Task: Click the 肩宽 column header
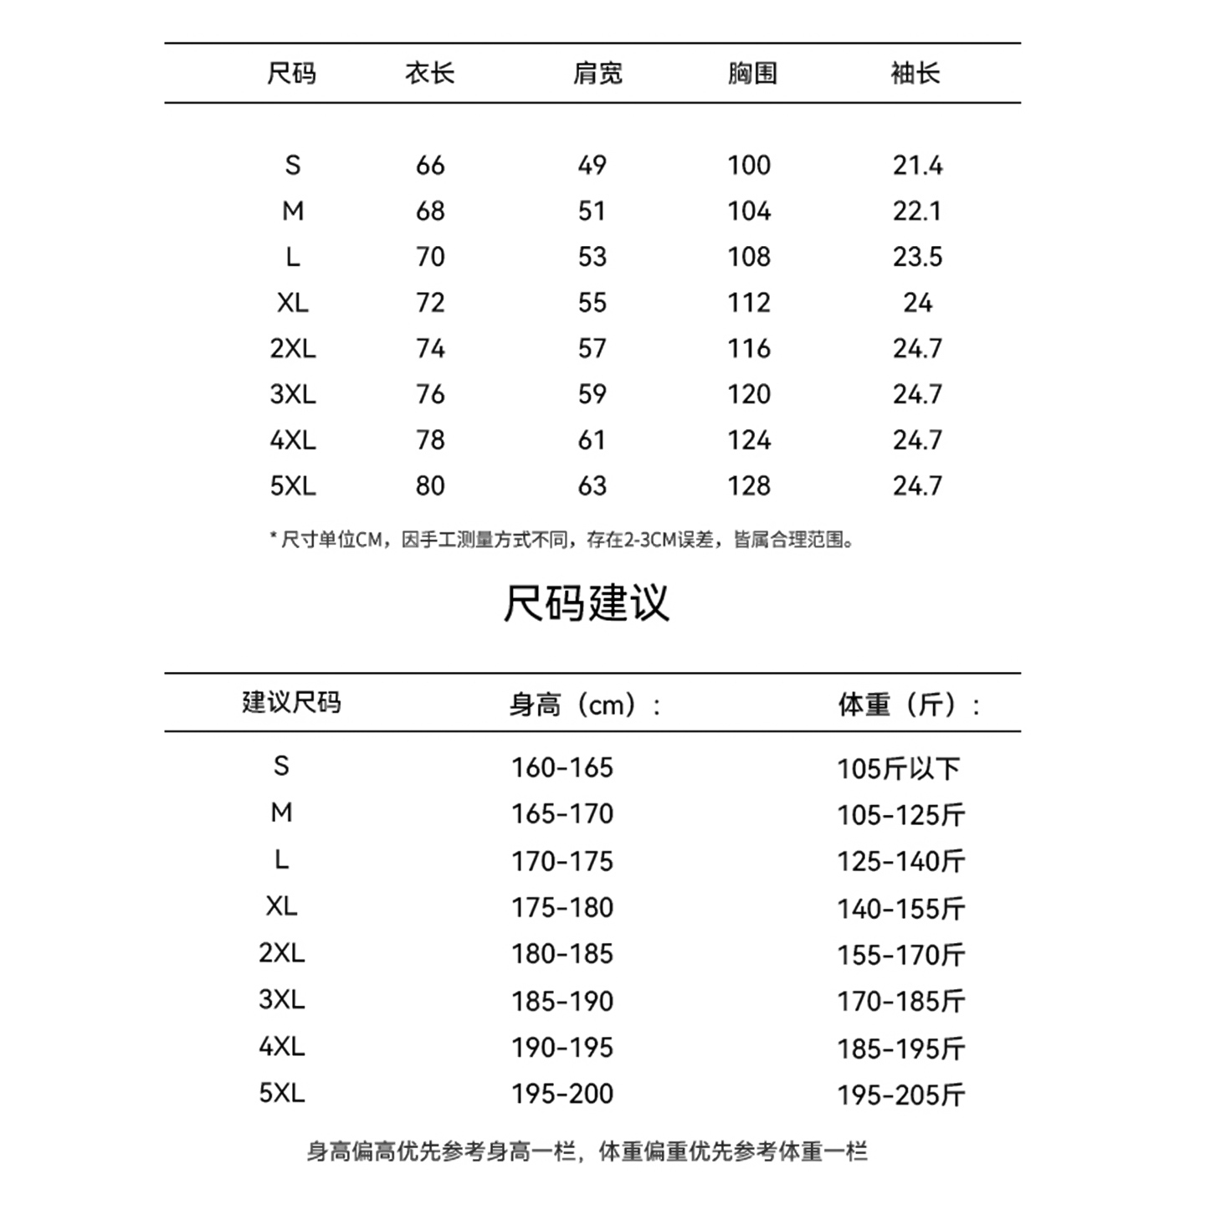[597, 74]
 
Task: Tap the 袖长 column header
[915, 74]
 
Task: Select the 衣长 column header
[429, 74]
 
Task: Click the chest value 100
[748, 166]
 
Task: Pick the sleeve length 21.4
[917, 166]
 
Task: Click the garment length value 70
[430, 257]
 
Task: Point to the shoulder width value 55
[592, 303]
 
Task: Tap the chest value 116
[748, 349]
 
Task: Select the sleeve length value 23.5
[917, 257]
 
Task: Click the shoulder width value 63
[592, 486]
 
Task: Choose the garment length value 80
[430, 486]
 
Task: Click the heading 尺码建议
[586, 602]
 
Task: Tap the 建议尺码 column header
[291, 702]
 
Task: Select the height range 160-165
[562, 767]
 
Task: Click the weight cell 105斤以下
[898, 768]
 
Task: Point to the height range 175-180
[562, 907]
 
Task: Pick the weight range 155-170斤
[901, 955]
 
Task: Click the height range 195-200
[562, 1094]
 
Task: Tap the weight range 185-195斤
[901, 1048]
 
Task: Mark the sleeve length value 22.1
[917, 211]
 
